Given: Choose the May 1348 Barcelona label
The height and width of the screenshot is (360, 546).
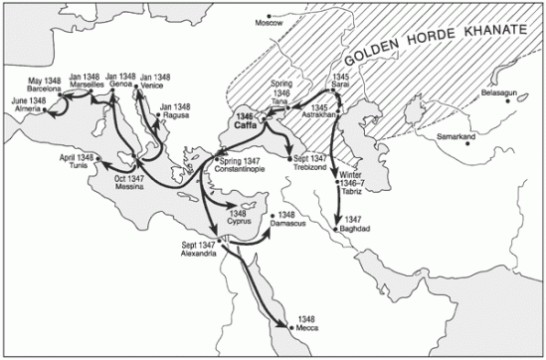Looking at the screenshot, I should tap(46, 84).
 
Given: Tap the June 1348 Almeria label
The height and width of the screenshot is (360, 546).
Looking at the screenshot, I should tap(29, 104).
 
